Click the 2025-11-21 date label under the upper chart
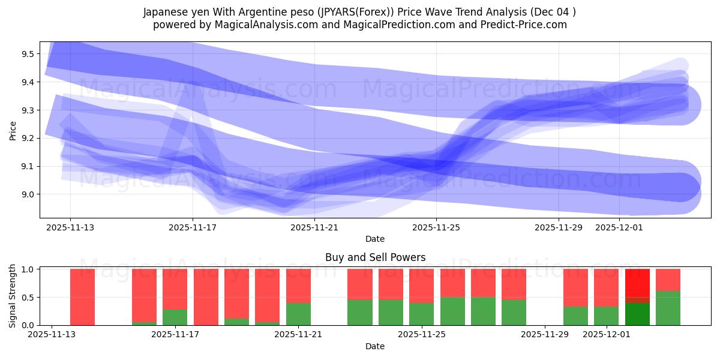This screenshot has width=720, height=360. pos(314,227)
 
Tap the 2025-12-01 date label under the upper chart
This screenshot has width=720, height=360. pos(619,227)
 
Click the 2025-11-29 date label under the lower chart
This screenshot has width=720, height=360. pos(545,334)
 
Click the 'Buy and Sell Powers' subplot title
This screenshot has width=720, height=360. pos(375,257)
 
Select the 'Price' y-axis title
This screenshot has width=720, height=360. pos(13,130)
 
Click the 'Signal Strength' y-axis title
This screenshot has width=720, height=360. pos(13,296)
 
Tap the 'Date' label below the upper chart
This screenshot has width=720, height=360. pos(375,239)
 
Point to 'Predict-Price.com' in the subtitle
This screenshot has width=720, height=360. pos(526,25)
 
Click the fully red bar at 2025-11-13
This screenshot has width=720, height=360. pos(82,297)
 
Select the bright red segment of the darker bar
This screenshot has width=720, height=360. pos(637,282)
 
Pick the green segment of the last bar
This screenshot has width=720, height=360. pos(668,308)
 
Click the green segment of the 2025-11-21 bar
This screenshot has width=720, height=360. pos(298,314)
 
